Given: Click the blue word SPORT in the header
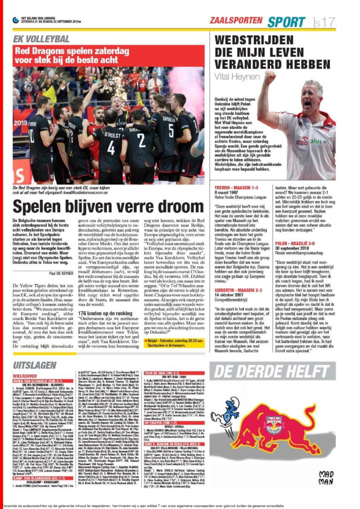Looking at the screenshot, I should pyautogui.click(x=286, y=22).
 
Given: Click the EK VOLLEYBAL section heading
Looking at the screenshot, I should pyautogui.click(x=41, y=38).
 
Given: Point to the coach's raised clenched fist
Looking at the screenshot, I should pyautogui.click(x=270, y=78).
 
